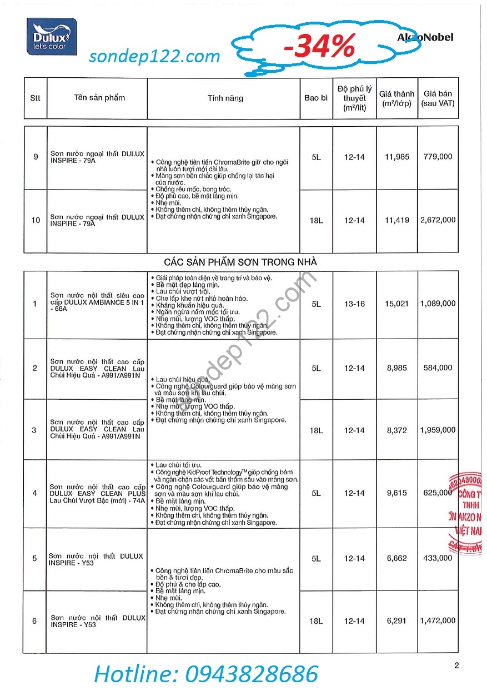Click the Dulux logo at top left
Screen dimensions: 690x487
(52, 37)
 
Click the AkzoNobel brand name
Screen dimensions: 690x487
(425, 37)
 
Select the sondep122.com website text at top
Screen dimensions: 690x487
(154, 56)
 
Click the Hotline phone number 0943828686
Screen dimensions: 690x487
(206, 673)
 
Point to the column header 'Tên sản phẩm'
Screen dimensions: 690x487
(99, 98)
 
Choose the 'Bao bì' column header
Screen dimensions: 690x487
(316, 98)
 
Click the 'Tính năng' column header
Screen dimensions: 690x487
(225, 98)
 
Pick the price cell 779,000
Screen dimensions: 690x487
(438, 157)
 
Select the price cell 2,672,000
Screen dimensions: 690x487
(438, 220)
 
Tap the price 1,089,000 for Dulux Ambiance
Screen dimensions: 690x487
(438, 304)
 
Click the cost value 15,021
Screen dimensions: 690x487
(396, 304)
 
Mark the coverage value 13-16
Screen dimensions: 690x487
(354, 304)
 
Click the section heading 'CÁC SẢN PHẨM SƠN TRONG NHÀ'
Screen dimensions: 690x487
(240, 261)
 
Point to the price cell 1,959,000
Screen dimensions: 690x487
(438, 430)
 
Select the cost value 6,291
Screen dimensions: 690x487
(396, 620)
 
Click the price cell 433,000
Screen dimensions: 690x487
(438, 558)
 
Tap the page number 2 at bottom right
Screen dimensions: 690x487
(456, 666)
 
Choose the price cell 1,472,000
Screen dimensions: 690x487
(438, 620)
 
